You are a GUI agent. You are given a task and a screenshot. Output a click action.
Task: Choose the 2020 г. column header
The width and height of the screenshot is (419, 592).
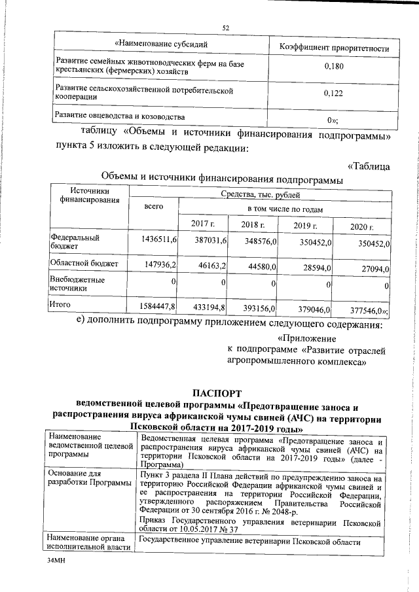point(361,226)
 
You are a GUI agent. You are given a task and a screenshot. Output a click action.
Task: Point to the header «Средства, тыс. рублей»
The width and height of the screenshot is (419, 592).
point(261,194)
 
